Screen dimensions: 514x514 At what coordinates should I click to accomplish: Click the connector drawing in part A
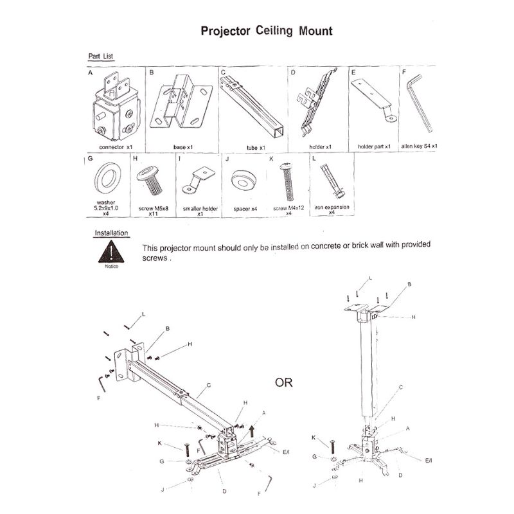(x=114, y=110)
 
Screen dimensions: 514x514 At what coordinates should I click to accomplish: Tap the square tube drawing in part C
(x=251, y=109)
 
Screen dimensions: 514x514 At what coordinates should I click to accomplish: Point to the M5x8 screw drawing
(x=152, y=180)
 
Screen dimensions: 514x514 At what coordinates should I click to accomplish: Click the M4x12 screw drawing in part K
(x=285, y=182)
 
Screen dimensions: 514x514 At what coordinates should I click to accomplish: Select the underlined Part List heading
(x=101, y=57)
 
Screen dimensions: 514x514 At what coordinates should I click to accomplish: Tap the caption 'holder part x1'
(x=375, y=147)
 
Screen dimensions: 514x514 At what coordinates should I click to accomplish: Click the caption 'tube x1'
(x=255, y=147)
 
